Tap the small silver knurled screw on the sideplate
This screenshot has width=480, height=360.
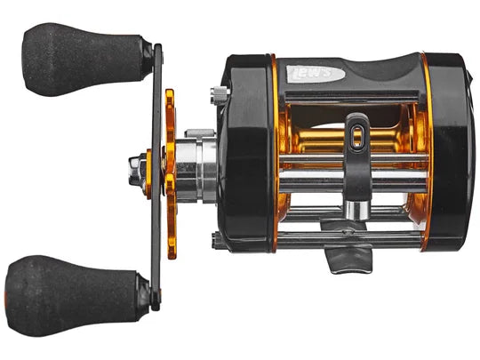[216, 92]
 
